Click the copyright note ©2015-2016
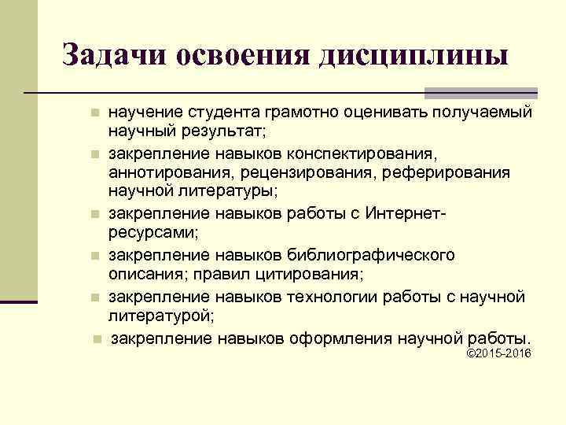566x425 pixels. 499,353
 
